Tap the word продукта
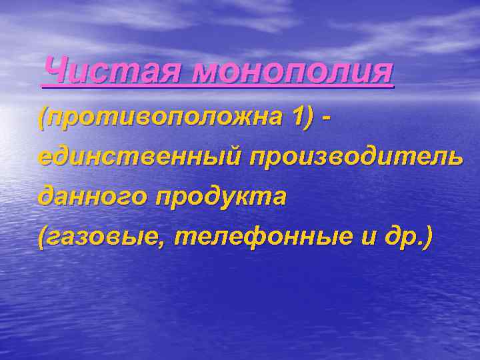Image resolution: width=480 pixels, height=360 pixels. point(221,197)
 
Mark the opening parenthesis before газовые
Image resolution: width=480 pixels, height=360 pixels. point(43,237)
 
